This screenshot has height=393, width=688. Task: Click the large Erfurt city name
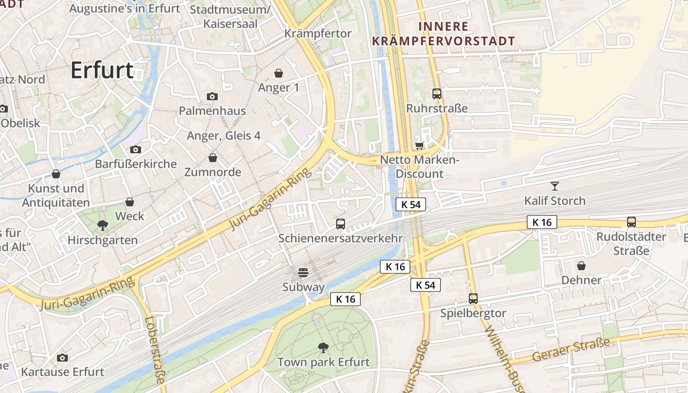click(102, 70)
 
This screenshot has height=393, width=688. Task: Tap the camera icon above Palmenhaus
click(212, 96)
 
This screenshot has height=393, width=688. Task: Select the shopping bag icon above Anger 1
click(279, 73)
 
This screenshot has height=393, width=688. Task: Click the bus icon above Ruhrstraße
click(436, 93)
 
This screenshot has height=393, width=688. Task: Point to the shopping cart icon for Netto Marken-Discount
click(419, 145)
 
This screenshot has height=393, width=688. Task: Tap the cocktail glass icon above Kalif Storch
click(555, 186)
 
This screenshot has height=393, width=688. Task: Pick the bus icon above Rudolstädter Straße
click(631, 222)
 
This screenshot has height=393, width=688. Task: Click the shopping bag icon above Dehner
click(581, 266)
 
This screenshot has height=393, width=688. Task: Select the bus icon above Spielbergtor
click(473, 298)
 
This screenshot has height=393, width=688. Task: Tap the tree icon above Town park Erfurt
click(323, 348)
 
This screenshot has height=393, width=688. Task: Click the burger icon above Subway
click(303, 273)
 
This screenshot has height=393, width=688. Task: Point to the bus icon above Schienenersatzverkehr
click(340, 224)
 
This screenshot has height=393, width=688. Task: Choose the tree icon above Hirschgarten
click(103, 225)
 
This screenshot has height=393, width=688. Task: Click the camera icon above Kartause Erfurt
click(62, 358)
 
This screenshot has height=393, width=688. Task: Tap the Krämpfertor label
click(318, 33)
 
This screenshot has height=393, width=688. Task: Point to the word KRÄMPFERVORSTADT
click(444, 41)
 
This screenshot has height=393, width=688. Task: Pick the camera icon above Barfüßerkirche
click(136, 149)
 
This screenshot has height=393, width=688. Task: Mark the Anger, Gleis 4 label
click(224, 136)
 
